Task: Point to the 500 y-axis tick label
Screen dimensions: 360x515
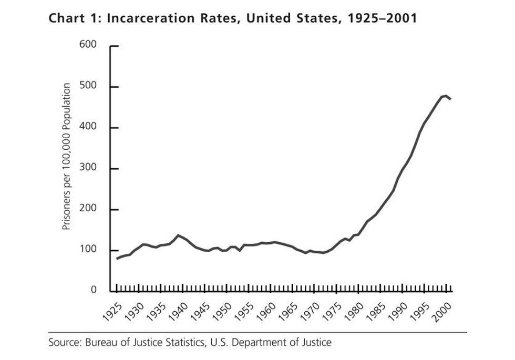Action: pos(89,87)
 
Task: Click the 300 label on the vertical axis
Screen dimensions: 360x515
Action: pos(89,169)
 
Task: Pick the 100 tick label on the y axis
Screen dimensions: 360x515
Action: pos(89,250)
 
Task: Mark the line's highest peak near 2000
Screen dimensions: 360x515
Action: pos(446,96)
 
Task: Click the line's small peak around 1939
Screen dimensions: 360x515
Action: pos(178,235)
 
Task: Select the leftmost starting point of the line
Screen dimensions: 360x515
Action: pos(117,259)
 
